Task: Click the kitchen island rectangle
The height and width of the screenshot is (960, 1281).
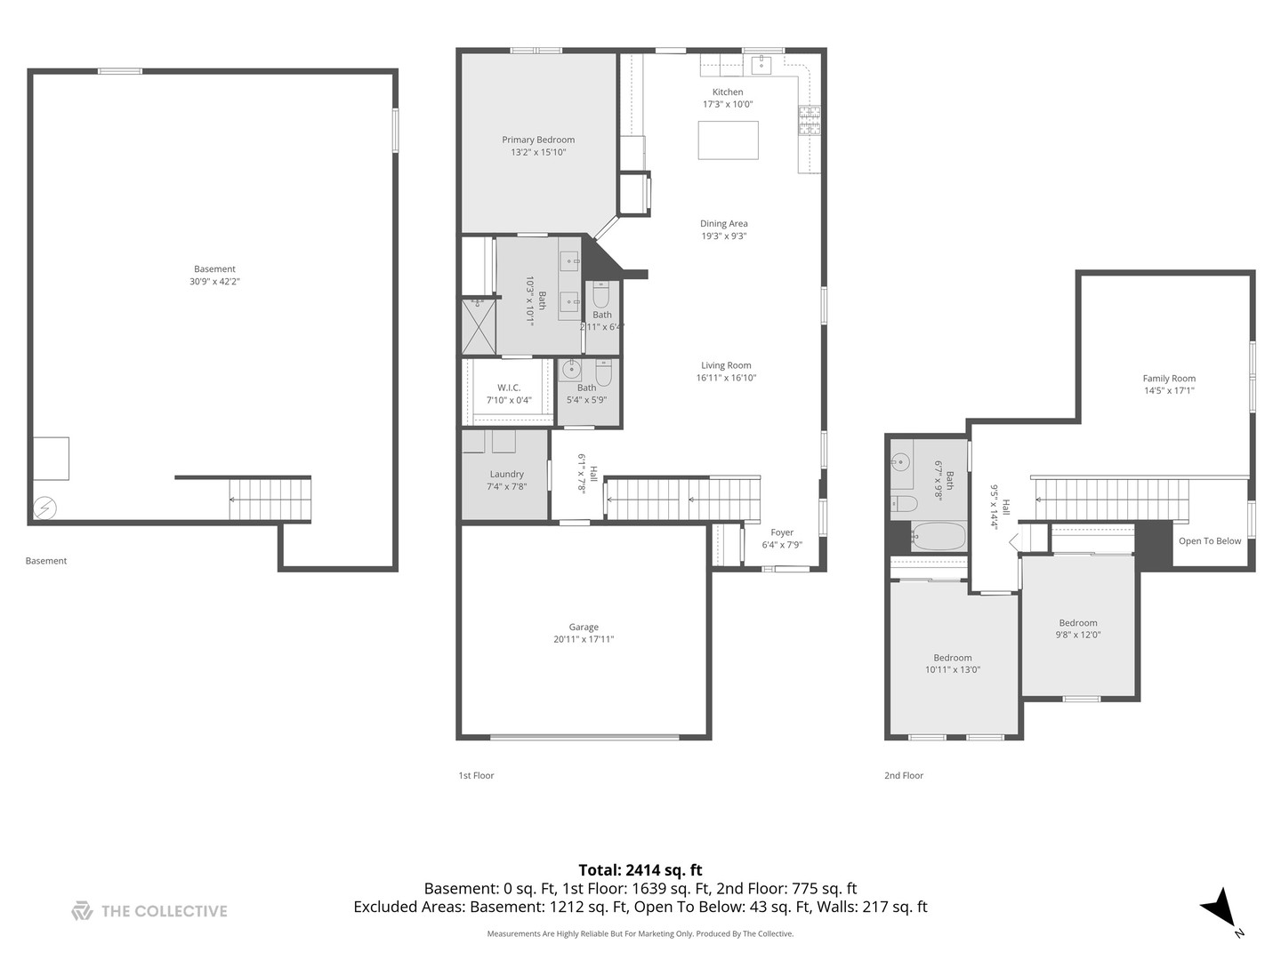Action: (728, 140)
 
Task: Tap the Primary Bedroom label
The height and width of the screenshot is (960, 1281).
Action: (538, 140)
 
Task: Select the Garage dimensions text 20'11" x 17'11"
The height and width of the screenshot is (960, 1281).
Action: (584, 639)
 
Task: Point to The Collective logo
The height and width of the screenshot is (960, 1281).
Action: (149, 911)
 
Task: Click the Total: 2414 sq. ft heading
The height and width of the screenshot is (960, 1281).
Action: (640, 870)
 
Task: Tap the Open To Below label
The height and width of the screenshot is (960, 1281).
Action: (1209, 541)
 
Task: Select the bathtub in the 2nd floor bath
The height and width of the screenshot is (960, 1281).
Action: (938, 536)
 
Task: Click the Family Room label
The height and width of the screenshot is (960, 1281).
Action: (1169, 379)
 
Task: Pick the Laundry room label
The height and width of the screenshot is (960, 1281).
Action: (506, 475)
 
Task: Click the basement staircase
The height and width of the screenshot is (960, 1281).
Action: (270, 500)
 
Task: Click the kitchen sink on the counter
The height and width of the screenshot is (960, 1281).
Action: (762, 64)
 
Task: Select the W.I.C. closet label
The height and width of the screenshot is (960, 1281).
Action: (509, 388)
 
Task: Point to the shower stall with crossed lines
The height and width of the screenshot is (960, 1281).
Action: (479, 327)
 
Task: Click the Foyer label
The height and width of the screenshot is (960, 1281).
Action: (782, 533)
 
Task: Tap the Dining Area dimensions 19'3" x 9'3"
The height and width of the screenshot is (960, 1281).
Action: (723, 236)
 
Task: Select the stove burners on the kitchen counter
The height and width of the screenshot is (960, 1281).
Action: (809, 119)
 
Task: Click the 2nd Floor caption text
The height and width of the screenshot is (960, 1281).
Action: (903, 776)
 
